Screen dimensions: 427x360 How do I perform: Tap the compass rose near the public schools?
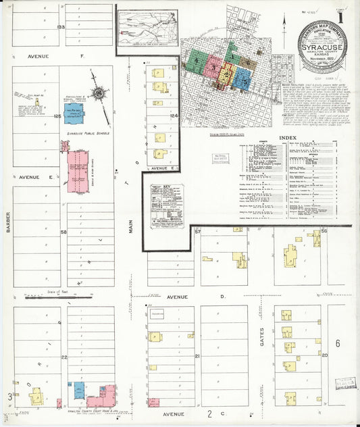[x=99, y=94]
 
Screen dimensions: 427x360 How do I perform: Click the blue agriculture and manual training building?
[x=73, y=113]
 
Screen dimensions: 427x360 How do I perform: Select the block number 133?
[x=61, y=27]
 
